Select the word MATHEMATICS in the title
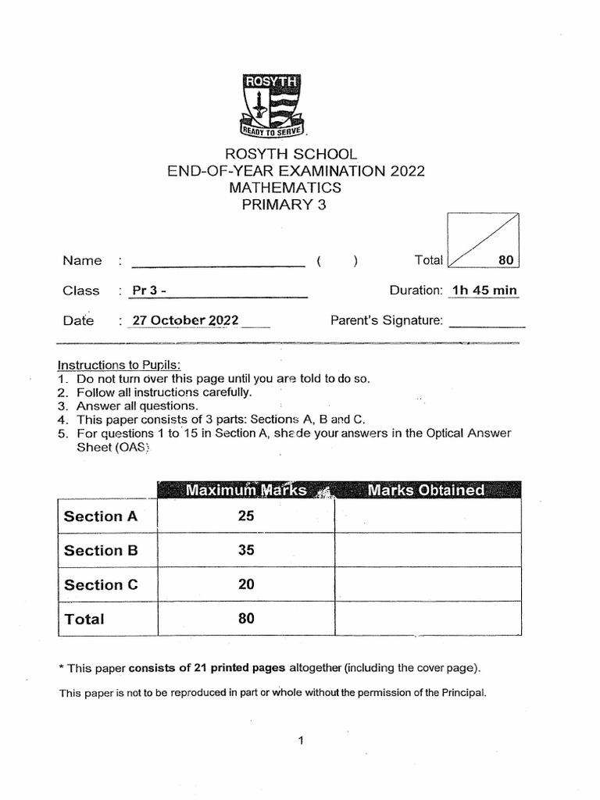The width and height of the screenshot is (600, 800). (285, 188)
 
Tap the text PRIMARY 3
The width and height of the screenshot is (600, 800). (285, 205)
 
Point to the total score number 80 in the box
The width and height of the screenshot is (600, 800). (504, 260)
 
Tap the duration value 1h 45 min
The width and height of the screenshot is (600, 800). (484, 291)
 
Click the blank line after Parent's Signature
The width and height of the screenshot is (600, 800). (487, 323)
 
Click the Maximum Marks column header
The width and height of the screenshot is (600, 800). (245, 491)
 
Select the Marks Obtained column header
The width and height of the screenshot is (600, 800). (427, 491)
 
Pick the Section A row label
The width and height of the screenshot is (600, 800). (101, 516)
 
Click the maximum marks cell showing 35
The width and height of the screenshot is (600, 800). (246, 550)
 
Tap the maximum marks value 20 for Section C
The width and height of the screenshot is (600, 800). (246, 584)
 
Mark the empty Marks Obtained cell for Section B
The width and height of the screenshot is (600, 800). (427, 550)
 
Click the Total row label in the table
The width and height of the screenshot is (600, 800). (84, 620)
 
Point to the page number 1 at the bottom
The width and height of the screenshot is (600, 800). (300, 742)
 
